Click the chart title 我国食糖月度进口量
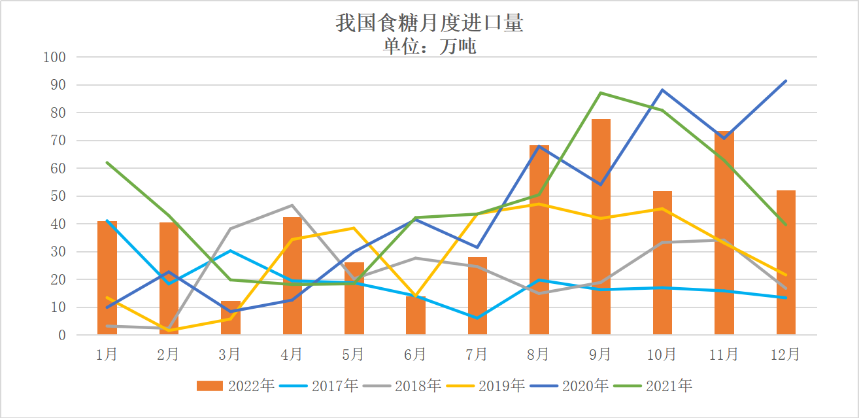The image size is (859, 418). [430, 24]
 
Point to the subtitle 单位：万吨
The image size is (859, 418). [430, 46]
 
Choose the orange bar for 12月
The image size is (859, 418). [786, 262]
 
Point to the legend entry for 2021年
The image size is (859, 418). [653, 386]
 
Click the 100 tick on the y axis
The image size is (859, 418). [55, 58]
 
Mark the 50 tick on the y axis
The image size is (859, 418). [58, 196]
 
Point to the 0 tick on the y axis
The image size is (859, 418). [62, 335]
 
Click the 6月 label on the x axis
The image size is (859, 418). [415, 355]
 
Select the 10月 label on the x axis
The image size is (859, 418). [662, 355]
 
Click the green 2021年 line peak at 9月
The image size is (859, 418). [601, 93]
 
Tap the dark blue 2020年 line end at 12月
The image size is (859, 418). [786, 81]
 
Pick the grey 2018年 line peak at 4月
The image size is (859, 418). [292, 205]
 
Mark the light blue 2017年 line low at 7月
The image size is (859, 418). [477, 318]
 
